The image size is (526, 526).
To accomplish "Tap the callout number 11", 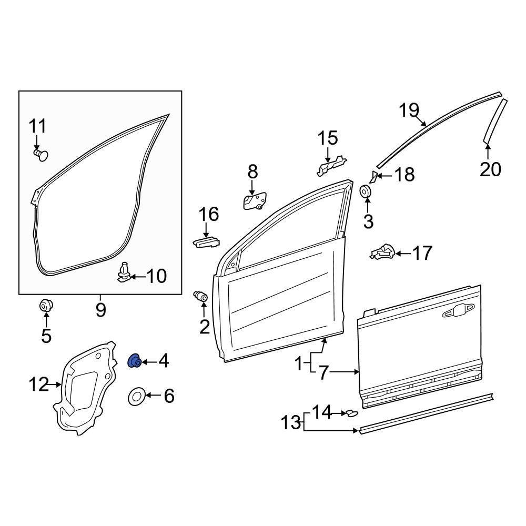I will (x=37, y=127).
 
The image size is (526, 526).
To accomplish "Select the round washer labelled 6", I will (x=137, y=396).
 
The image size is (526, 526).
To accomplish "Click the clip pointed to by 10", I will (x=124, y=271).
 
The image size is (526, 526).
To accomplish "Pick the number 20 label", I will (x=490, y=169).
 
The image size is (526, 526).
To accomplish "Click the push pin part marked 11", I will (x=40, y=154).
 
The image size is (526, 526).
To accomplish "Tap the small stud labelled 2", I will (x=201, y=296).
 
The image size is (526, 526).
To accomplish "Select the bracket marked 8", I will (x=254, y=201).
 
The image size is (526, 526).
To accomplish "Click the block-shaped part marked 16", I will (x=206, y=242).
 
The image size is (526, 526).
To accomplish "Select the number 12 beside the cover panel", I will (x=38, y=385).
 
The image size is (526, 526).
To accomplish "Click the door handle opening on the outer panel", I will (x=458, y=312).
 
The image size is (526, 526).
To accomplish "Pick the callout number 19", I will (x=409, y=111).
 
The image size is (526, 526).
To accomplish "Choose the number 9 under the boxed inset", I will (x=100, y=309).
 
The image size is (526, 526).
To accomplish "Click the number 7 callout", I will (x=323, y=373).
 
